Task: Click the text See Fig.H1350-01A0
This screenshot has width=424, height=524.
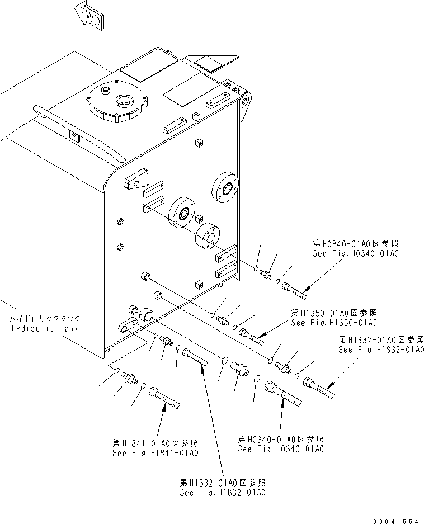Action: coord(334,323)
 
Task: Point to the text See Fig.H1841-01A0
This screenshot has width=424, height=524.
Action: coord(156,452)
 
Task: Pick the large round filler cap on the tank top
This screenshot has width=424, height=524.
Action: coord(117,102)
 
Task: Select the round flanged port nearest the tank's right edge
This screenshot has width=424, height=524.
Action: coord(226,190)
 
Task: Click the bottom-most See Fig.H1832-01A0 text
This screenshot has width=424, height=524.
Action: coord(223,493)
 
